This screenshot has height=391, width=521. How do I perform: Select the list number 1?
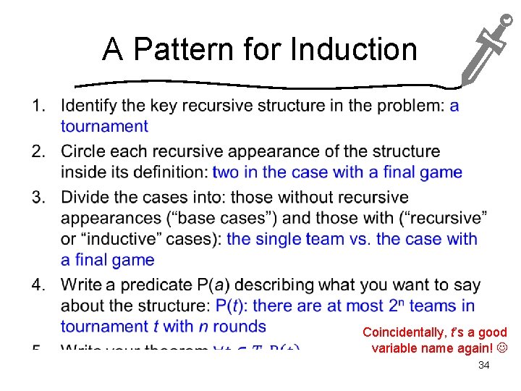pos(38,106)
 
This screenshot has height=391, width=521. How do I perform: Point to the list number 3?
pos(38,198)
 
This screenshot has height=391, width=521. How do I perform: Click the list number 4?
pos(38,285)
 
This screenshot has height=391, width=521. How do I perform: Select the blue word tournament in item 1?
pos(104,126)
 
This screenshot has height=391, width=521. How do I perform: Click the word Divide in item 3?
pos(85,198)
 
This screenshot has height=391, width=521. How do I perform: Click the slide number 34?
pos(484,366)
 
